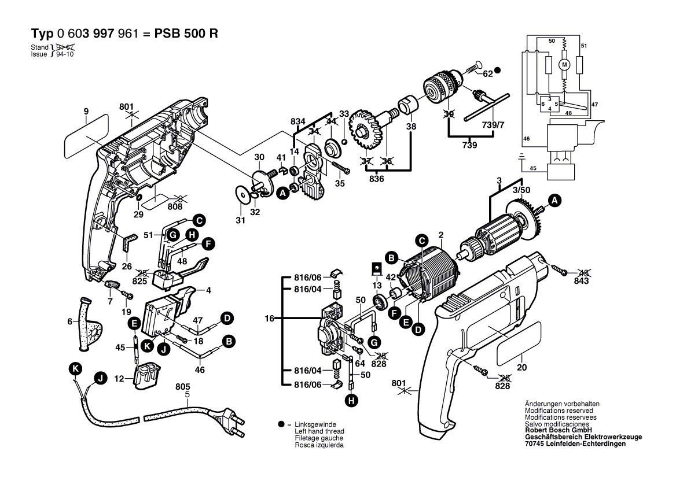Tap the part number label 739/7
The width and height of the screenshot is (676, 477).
pyautogui.click(x=493, y=125)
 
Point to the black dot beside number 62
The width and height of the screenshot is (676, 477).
pyautogui.click(x=498, y=70)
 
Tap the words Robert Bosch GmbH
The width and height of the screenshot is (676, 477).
pyautogui.click(x=559, y=430)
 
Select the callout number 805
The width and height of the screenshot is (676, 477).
pyautogui.click(x=183, y=387)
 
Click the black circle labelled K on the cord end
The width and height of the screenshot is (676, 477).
pyautogui.click(x=75, y=369)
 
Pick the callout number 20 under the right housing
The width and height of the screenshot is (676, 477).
pyautogui.click(x=521, y=367)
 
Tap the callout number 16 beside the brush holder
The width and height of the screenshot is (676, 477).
pyautogui.click(x=270, y=319)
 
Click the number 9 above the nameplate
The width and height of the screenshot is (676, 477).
pyautogui.click(x=86, y=112)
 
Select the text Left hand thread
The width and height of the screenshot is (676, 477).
pyautogui.click(x=319, y=431)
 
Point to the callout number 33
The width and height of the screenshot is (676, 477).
pyautogui.click(x=344, y=114)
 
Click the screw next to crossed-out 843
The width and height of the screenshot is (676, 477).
pyautogui.click(x=560, y=271)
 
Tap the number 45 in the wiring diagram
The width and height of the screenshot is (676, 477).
pyautogui.click(x=533, y=168)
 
